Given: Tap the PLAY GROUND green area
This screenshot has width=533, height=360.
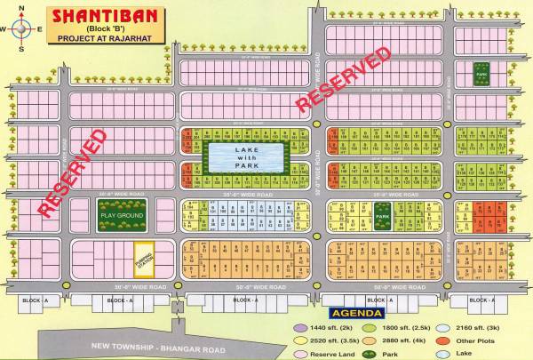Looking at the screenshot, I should click(x=123, y=214).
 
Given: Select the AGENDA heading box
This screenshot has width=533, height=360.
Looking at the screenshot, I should click(x=355, y=314).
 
